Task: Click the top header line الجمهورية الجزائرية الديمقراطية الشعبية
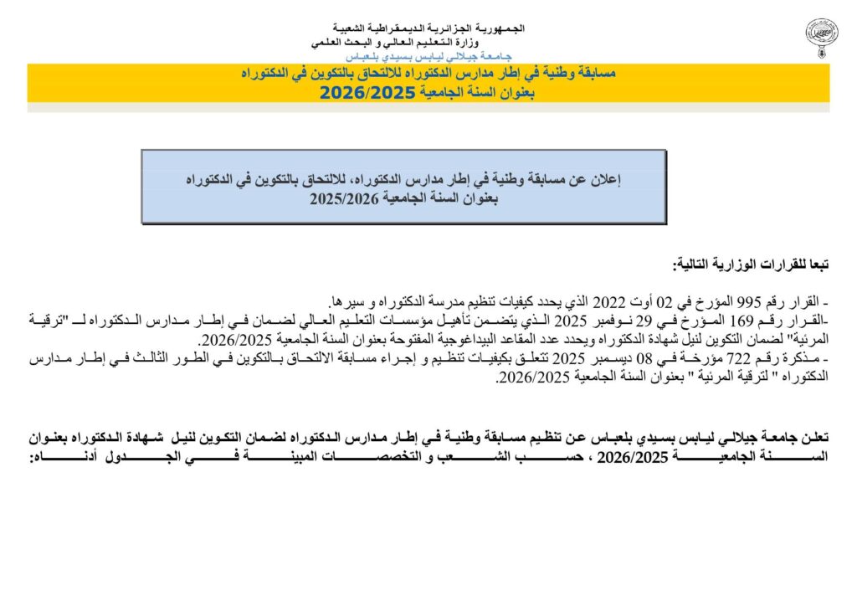pyautogui.click(x=428, y=28)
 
